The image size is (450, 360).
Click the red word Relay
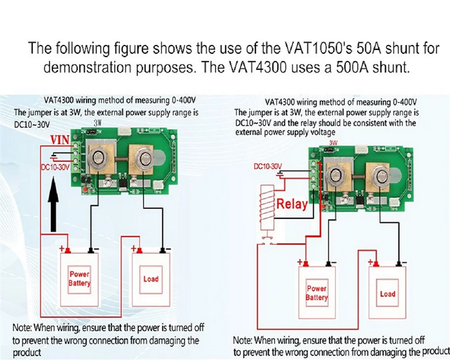coord(292,204)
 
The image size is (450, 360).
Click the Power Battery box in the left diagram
coord(79,279)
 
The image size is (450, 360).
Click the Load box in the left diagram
coord(151,279)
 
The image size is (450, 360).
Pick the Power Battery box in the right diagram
coord(316,293)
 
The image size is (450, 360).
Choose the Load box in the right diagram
coord(387,294)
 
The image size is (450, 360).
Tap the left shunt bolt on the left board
coord(98,158)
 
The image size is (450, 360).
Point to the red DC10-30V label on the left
coord(55,168)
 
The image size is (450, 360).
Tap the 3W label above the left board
coord(99,122)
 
